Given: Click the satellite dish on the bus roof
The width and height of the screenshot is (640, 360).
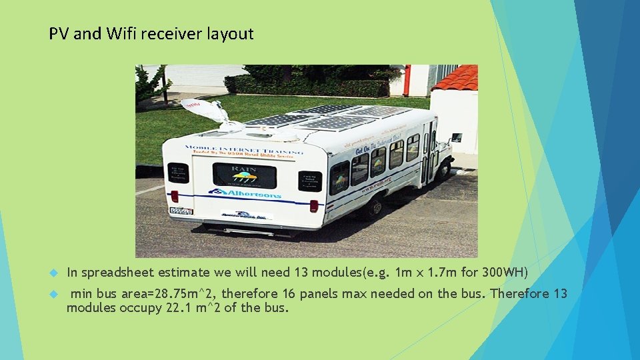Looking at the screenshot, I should (207, 110).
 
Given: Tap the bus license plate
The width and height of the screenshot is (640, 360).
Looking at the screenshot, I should (181, 211).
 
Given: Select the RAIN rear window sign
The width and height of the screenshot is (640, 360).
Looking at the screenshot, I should (244, 175).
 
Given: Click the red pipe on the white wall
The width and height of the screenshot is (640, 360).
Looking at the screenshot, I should (407, 79).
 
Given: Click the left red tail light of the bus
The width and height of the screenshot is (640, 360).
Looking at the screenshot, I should (175, 196).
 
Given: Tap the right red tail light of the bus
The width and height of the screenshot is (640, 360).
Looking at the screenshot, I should (313, 205).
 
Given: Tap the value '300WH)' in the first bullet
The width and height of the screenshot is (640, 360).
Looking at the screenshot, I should (505, 273).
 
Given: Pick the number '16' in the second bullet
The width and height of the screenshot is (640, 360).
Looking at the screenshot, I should (289, 294).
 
